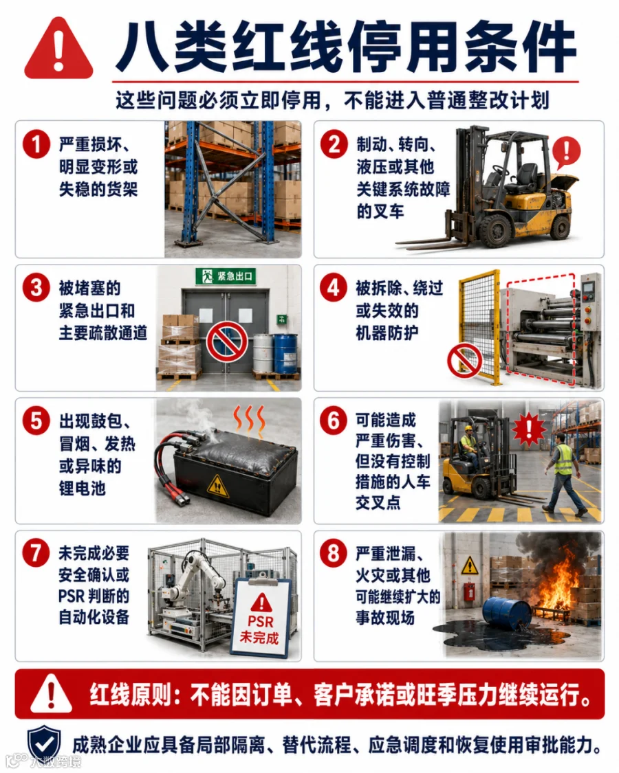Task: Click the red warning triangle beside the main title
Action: click(x=58, y=49)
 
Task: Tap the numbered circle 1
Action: click(x=36, y=144)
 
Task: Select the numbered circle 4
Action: click(x=334, y=287)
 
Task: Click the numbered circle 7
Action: click(x=36, y=553)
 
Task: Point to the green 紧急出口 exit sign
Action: click(x=226, y=276)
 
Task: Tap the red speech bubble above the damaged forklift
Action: click(x=565, y=151)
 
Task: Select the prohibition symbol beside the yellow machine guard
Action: click(x=465, y=361)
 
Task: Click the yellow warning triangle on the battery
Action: click(x=217, y=486)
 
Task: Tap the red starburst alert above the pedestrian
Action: click(x=529, y=429)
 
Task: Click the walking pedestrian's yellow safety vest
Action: click(x=564, y=459)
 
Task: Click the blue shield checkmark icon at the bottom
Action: click(x=45, y=744)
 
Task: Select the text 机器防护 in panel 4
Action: click(x=387, y=333)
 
